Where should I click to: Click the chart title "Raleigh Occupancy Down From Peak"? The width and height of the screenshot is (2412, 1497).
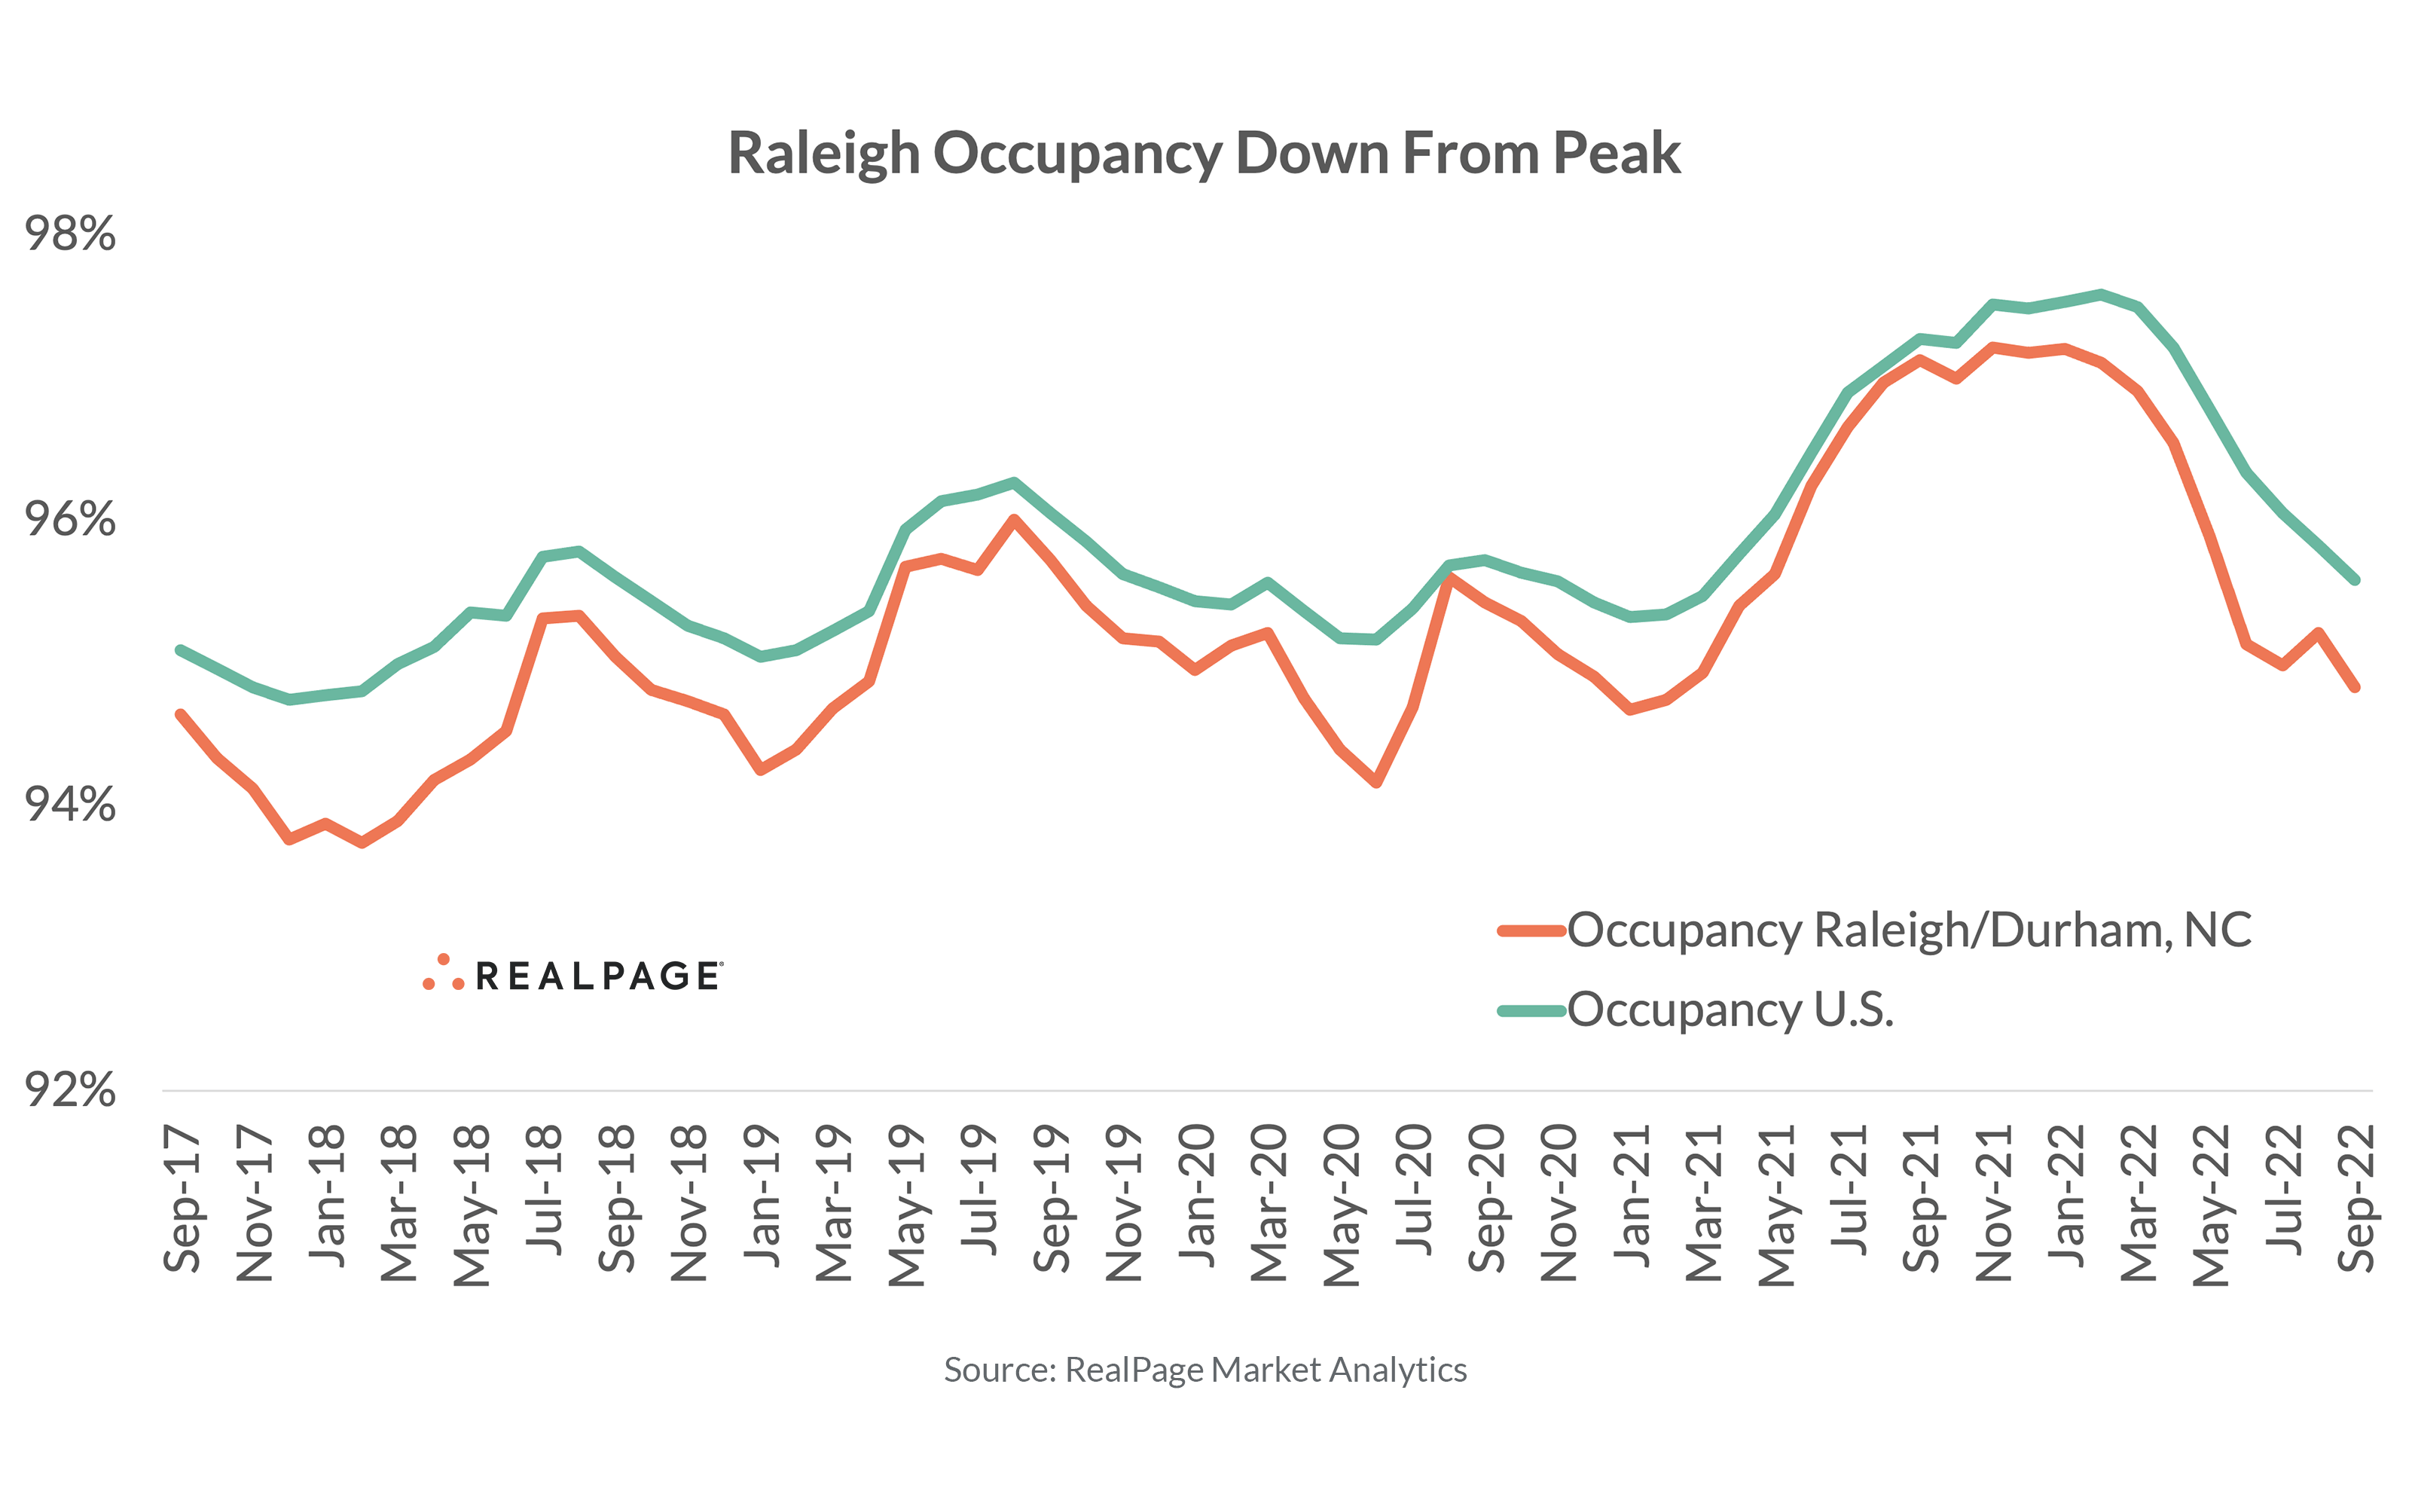coord(1204,154)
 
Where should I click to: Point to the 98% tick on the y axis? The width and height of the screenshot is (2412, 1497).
coord(69,234)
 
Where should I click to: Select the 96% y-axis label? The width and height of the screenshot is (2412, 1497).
coord(69,519)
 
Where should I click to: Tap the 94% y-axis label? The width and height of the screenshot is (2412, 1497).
coord(69,804)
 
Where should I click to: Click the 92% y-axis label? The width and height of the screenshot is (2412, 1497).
coord(69,1089)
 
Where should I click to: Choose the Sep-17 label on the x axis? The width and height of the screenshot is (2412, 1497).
coord(182,1199)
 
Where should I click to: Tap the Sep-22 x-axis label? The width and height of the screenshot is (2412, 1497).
coord(2356,1199)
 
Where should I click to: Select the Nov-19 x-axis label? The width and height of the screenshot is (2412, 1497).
coord(1123,1203)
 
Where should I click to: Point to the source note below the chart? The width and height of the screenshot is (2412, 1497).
coord(1204,1369)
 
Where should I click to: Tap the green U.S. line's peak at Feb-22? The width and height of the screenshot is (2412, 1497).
coord(2101,294)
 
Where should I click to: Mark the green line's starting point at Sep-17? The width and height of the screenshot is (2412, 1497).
coord(180,650)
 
